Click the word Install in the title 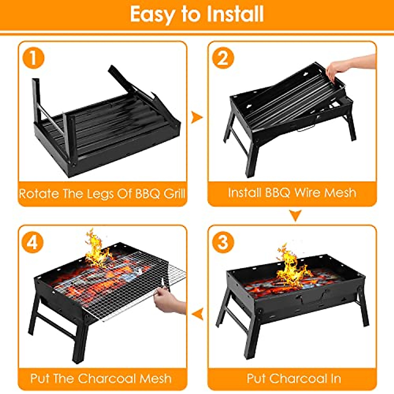pyautogui.click(x=235, y=14)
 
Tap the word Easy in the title pyautogui.click(x=152, y=15)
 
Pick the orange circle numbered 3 pyautogui.click(x=223, y=242)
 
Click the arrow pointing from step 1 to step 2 pyautogui.click(x=197, y=117)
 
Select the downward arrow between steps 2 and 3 pyautogui.click(x=295, y=216)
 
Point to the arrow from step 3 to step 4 pyautogui.click(x=197, y=314)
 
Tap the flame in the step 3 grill pyautogui.click(x=291, y=266)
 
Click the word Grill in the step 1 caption pyautogui.click(x=174, y=193)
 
